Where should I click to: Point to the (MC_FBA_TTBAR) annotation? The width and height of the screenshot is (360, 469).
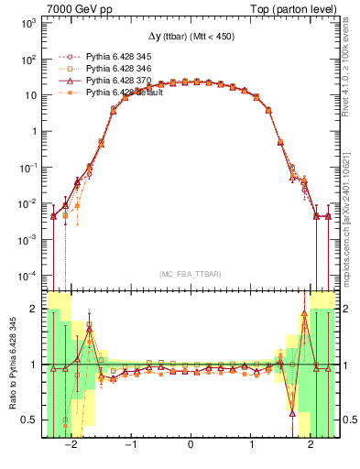click(190, 274)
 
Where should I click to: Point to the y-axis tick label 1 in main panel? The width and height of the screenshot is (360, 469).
click(35, 131)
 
